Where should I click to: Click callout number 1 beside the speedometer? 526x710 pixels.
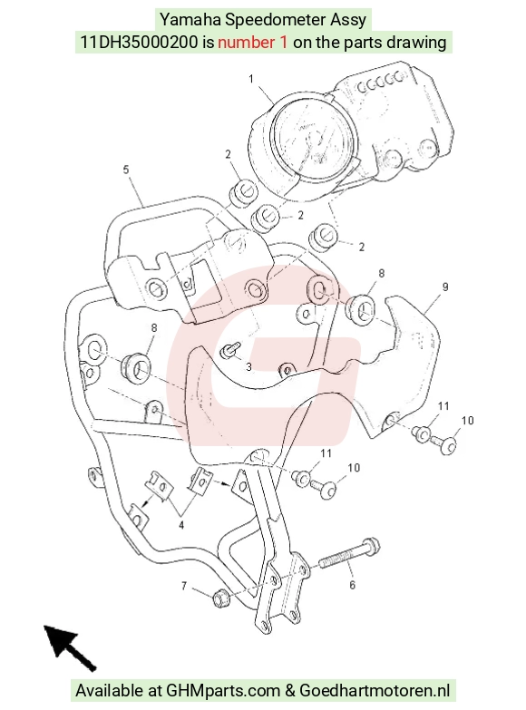coord(251,79)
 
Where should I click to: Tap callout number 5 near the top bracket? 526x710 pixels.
coord(126,170)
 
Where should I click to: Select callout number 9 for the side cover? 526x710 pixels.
coord(445,287)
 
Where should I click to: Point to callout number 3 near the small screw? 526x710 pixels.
coord(248,366)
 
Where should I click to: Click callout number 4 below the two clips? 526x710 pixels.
coord(181,525)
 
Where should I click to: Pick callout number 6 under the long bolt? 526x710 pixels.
coord(353,585)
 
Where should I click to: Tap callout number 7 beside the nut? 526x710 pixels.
coord(184,586)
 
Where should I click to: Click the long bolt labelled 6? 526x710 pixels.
coord(349,554)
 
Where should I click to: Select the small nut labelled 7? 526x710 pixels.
coord(220,598)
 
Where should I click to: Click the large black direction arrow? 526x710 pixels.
coord(68,647)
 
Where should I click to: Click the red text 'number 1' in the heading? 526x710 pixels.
coord(252,42)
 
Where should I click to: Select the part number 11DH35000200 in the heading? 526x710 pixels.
coord(139,42)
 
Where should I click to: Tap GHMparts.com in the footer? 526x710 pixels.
coord(223,691)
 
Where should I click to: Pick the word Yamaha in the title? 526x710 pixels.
coord(190,20)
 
